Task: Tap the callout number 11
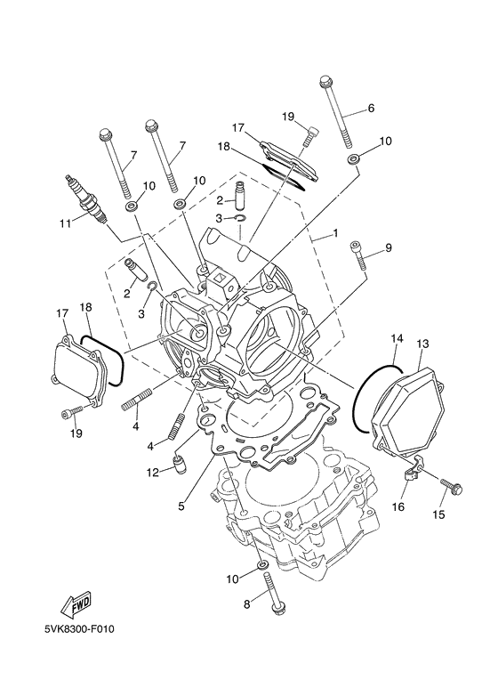click(63, 223)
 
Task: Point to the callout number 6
click(371, 109)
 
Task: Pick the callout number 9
click(388, 247)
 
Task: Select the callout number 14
click(397, 338)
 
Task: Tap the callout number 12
click(153, 472)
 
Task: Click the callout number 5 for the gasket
click(181, 506)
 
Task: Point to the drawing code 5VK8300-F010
click(80, 630)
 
